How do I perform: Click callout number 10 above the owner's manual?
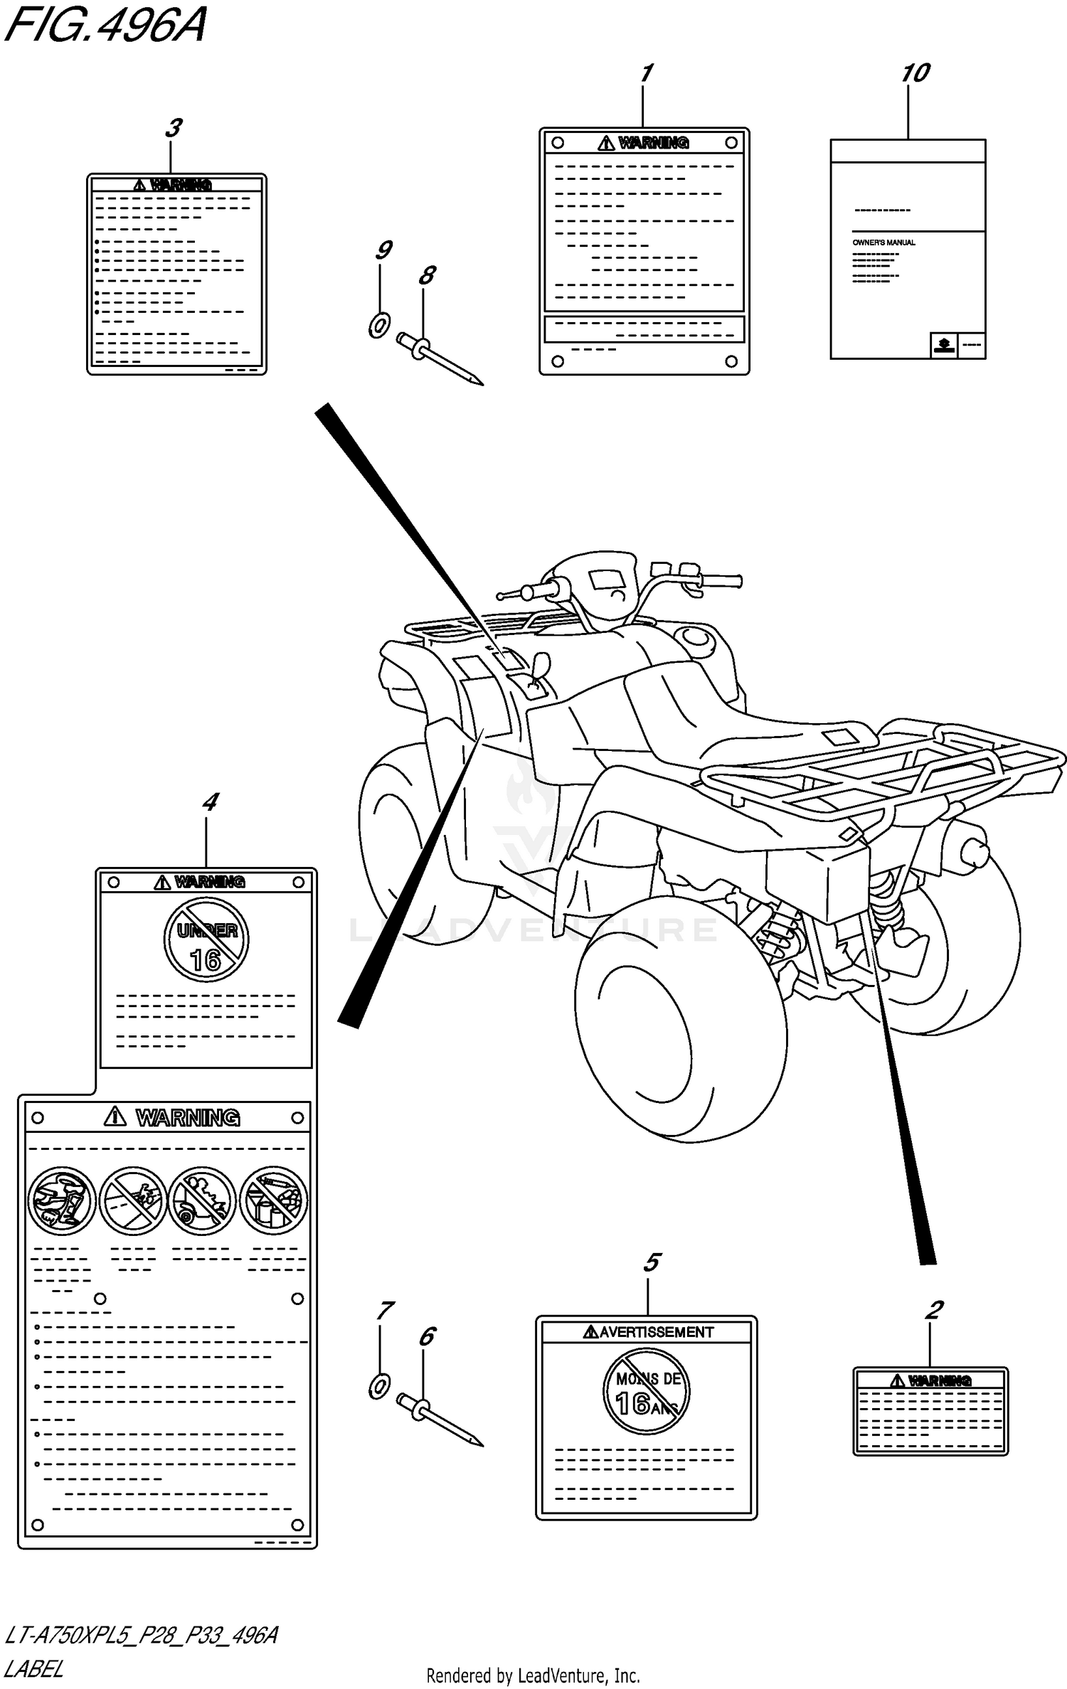(x=915, y=73)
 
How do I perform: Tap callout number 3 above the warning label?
(x=173, y=128)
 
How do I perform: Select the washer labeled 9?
(x=378, y=326)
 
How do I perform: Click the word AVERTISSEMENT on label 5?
(x=655, y=1332)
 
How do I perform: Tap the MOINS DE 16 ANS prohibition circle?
(x=646, y=1390)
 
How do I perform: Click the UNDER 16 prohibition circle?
(x=206, y=940)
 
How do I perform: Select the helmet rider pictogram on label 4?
(x=62, y=1200)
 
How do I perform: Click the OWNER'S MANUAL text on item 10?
(x=883, y=243)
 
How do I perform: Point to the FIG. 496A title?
(x=105, y=27)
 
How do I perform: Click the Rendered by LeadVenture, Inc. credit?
(x=533, y=1676)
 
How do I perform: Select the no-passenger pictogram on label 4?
(x=203, y=1200)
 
